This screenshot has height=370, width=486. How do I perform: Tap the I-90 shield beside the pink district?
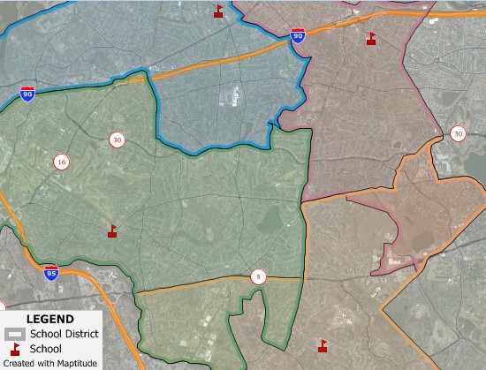(x=298, y=36)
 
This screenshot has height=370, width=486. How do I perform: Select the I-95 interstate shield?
(x=52, y=272)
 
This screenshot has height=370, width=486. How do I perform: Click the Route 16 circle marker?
(x=61, y=162)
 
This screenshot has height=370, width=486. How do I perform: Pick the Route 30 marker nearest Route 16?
(x=117, y=140)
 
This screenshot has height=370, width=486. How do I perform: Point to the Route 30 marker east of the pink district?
(x=458, y=133)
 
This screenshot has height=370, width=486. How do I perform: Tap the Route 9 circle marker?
(x=257, y=276)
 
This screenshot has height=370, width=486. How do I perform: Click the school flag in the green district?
(x=112, y=230)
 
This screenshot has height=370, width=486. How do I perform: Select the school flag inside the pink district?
(x=371, y=38)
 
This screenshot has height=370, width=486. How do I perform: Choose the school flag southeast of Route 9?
(x=322, y=344)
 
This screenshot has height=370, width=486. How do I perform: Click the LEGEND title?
(x=50, y=319)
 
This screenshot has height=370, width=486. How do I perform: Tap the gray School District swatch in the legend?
(x=15, y=334)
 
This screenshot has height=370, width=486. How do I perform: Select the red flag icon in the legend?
(x=15, y=349)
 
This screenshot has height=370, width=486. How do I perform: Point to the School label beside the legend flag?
(x=46, y=349)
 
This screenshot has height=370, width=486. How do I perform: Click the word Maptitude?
(x=75, y=364)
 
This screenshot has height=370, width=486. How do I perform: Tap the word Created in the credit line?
(x=19, y=364)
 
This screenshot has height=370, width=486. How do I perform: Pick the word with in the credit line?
(x=45, y=364)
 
